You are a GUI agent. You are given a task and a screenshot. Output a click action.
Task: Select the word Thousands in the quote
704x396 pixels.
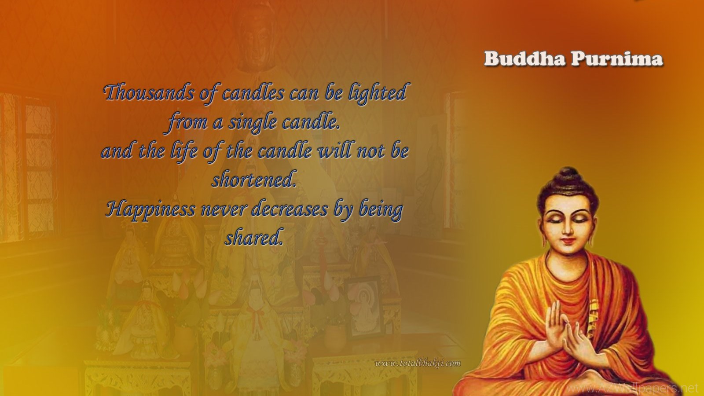pos(149,93)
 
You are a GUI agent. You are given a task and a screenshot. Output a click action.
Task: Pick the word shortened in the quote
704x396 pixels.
pos(254,180)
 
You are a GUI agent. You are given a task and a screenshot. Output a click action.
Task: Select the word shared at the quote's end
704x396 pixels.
pos(254,238)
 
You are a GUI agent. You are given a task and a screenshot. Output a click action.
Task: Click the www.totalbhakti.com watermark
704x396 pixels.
pos(418,363)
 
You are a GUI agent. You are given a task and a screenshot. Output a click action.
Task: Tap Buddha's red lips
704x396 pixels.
pos(568,241)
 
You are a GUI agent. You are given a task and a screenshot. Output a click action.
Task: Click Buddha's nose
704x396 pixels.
pos(568,229)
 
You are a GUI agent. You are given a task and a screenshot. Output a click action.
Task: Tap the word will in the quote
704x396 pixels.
pos(336,150)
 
